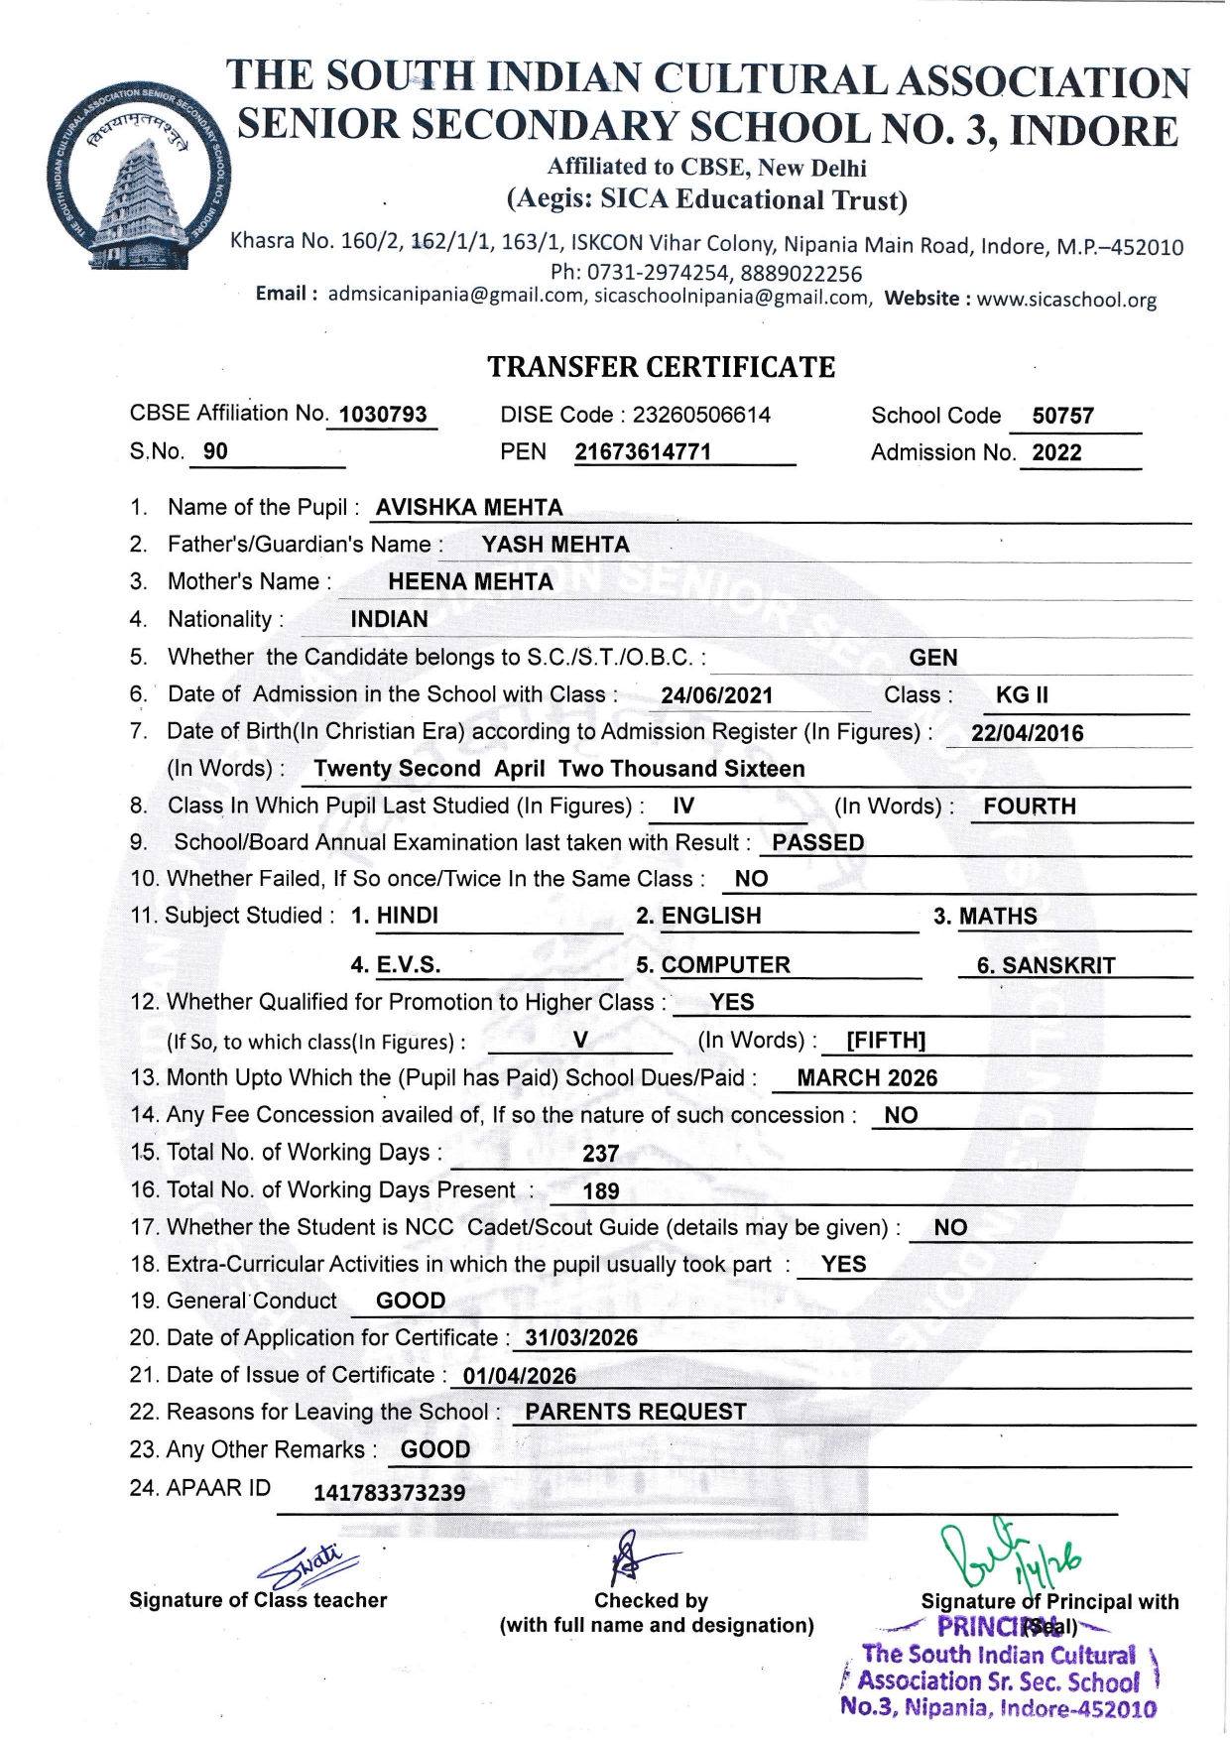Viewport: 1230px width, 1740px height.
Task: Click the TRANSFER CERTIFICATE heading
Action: pyautogui.click(x=661, y=367)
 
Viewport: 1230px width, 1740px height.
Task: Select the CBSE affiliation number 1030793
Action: pyautogui.click(x=383, y=415)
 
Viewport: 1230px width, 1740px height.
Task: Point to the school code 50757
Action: pyautogui.click(x=1062, y=416)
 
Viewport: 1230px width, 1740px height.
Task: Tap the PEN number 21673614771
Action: pyautogui.click(x=643, y=452)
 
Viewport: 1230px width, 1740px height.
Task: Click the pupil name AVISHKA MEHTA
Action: pyautogui.click(x=468, y=508)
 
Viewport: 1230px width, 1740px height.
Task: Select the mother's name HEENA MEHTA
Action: pyautogui.click(x=470, y=582)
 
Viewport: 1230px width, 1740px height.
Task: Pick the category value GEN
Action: pyautogui.click(x=933, y=658)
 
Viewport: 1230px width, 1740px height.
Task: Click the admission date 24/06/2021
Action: pyautogui.click(x=716, y=696)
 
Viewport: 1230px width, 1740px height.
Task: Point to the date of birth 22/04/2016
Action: pyautogui.click(x=1027, y=734)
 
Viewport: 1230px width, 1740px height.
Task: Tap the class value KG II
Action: pyautogui.click(x=1022, y=695)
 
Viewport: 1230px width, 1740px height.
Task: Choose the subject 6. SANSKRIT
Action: pyautogui.click(x=1045, y=965)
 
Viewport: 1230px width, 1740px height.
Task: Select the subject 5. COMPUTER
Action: pyautogui.click(x=713, y=965)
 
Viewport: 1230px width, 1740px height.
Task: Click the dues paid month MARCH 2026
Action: pyautogui.click(x=867, y=1078)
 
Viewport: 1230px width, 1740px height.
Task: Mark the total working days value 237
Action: pyautogui.click(x=601, y=1154)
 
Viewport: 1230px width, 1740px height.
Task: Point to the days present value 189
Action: pyautogui.click(x=601, y=1191)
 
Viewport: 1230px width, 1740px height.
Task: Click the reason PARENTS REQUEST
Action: pyautogui.click(x=636, y=1413)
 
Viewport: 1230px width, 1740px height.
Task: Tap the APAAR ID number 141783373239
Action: pyautogui.click(x=389, y=1493)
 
